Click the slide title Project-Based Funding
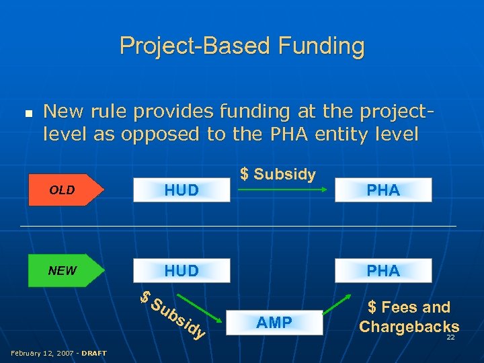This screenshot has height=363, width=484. pos(242,46)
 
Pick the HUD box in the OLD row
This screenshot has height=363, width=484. pos(182,190)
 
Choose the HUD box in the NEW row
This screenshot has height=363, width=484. pos(182,271)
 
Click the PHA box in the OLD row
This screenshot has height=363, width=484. pos(383,190)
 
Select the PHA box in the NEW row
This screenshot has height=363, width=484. pos(383,271)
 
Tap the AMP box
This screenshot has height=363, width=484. pos(274,323)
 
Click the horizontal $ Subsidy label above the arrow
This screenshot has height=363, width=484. pos(278,174)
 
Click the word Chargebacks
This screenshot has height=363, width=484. pos(409,327)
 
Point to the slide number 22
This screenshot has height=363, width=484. pos(450,337)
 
